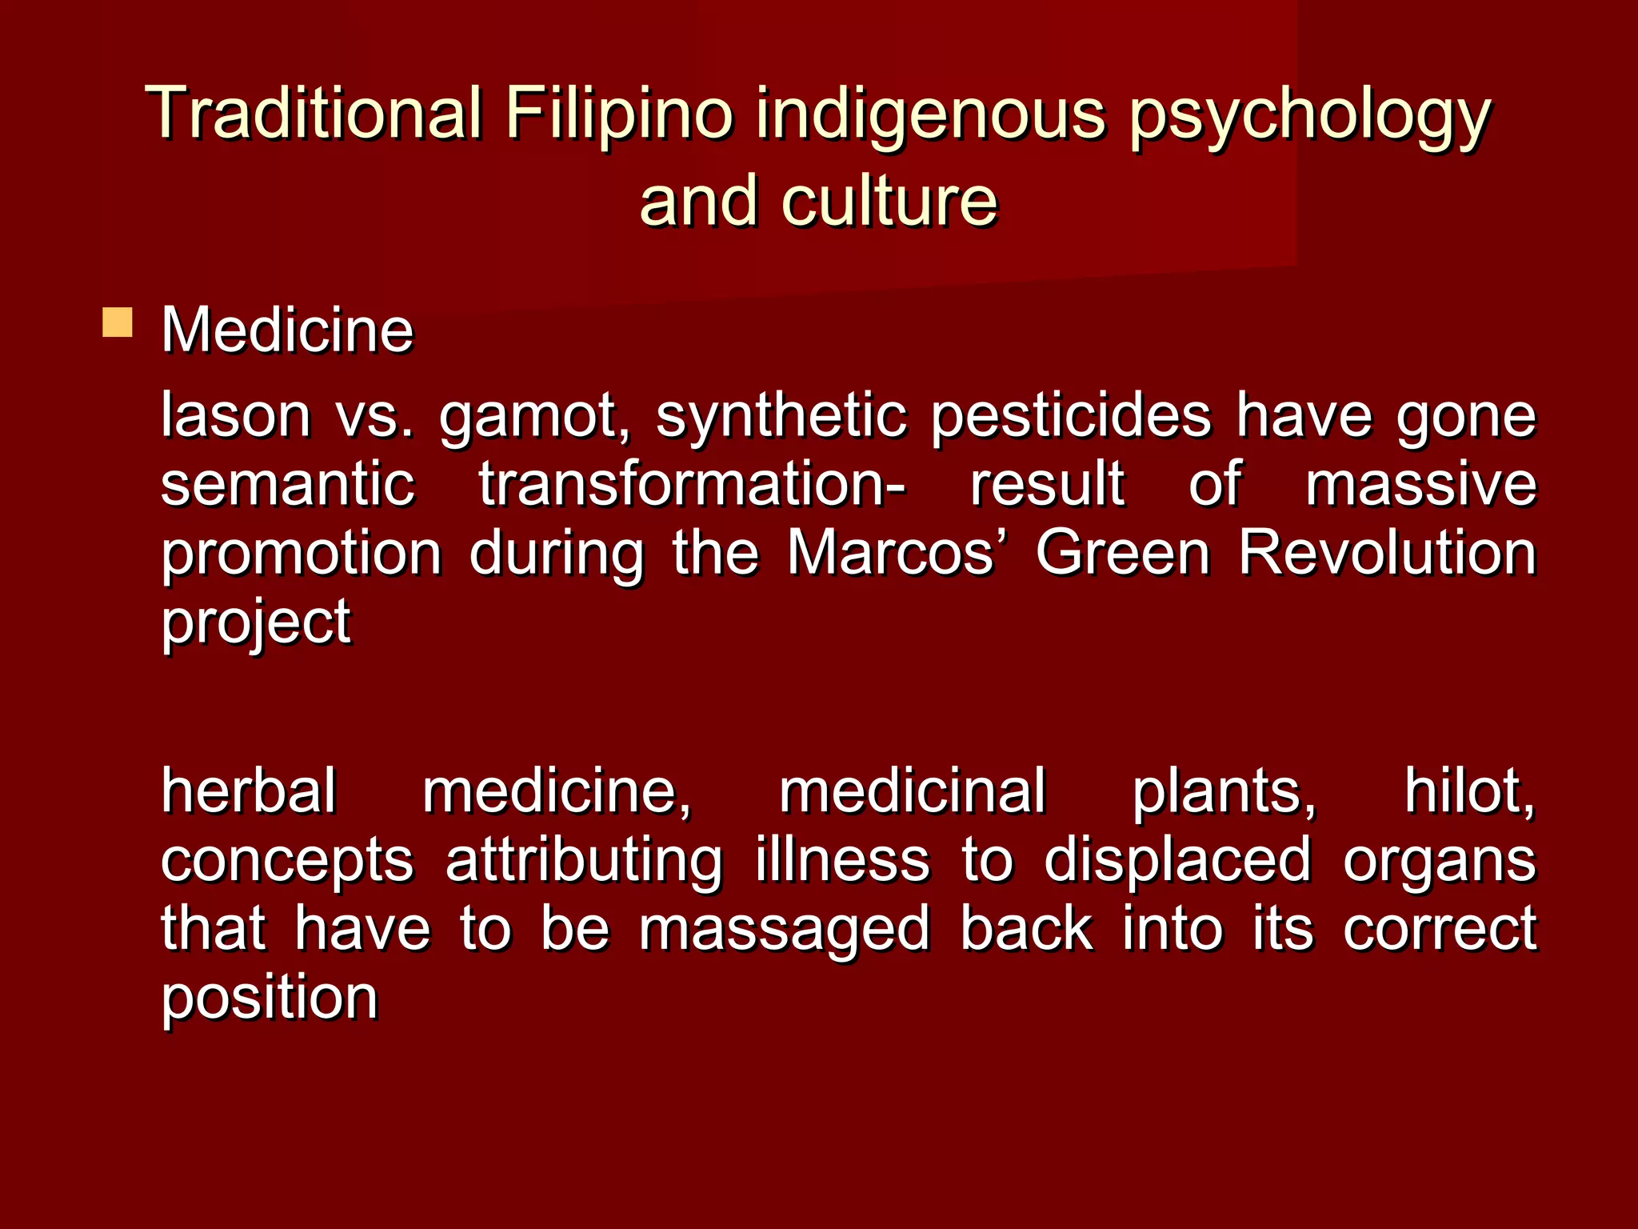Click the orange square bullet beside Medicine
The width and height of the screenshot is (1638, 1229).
(x=118, y=322)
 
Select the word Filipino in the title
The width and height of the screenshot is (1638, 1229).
(x=618, y=113)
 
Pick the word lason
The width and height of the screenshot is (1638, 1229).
(x=236, y=415)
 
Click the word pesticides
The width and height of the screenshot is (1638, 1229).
(x=1072, y=415)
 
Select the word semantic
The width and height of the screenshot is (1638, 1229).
(x=288, y=484)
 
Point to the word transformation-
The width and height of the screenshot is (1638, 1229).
(x=693, y=484)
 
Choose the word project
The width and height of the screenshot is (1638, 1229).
(x=256, y=623)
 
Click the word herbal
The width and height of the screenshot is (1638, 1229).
(x=249, y=791)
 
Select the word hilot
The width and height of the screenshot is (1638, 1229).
(x=1469, y=791)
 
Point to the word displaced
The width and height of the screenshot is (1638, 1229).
(x=1177, y=860)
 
